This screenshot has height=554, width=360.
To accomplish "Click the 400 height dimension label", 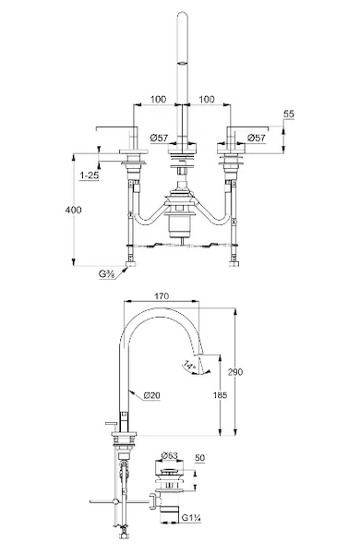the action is tap(74, 210).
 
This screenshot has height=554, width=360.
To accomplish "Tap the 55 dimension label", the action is tap(289, 114).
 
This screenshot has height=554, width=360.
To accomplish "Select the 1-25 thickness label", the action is tap(89, 175).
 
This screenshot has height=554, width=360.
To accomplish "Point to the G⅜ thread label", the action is tap(106, 273).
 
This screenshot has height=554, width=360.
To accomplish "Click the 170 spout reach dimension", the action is tap(162, 295).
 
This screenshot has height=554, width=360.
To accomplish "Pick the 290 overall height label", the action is tap(235, 372).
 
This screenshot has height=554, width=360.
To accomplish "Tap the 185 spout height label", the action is tap(220, 395).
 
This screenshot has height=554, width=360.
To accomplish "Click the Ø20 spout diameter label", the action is tap(152, 395).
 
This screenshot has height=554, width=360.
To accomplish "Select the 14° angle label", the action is tap(190, 365).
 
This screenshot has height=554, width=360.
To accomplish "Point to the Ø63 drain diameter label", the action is tap(169, 456).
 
